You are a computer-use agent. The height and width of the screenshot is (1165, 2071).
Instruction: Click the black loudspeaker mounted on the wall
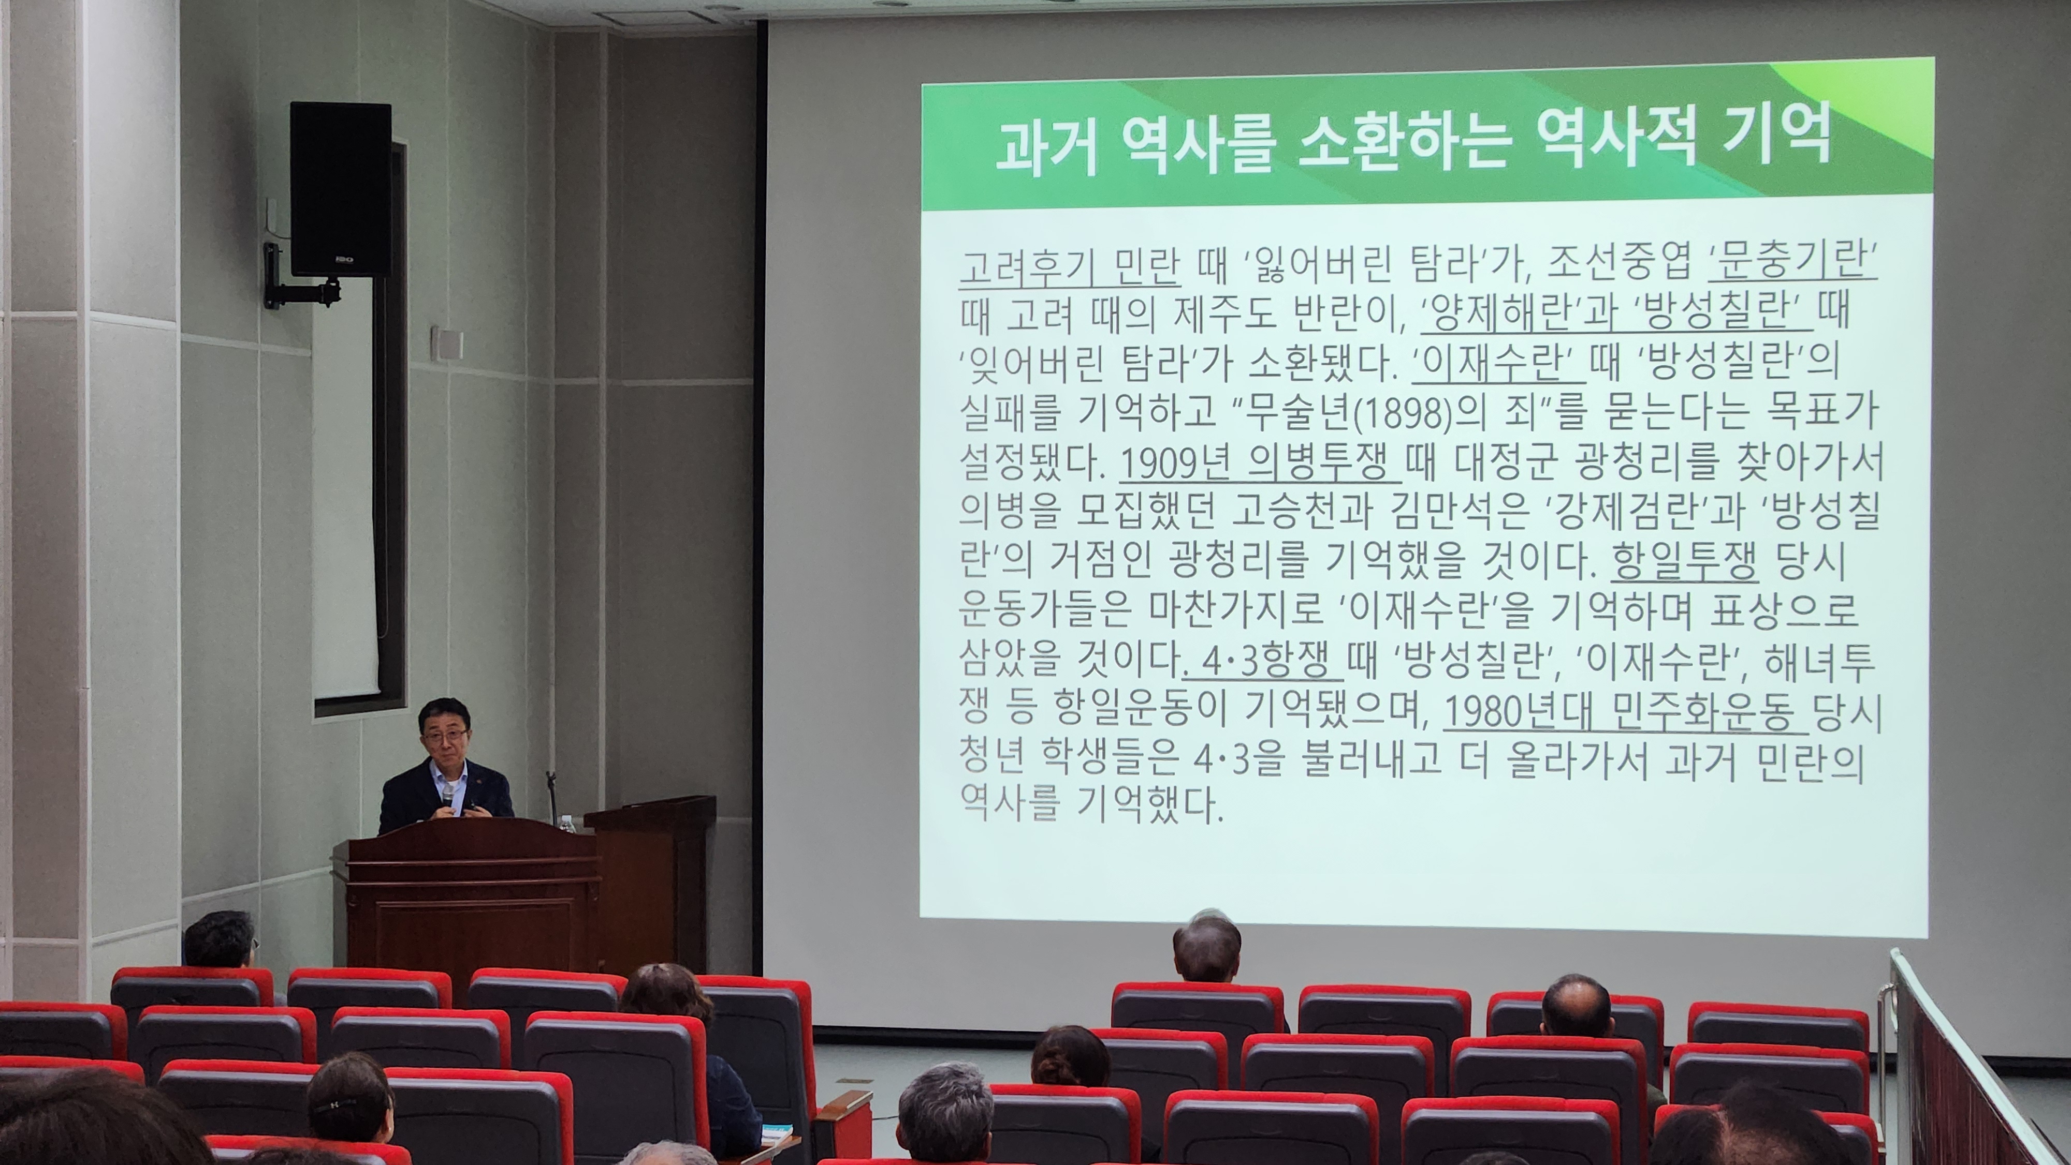[340, 189]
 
